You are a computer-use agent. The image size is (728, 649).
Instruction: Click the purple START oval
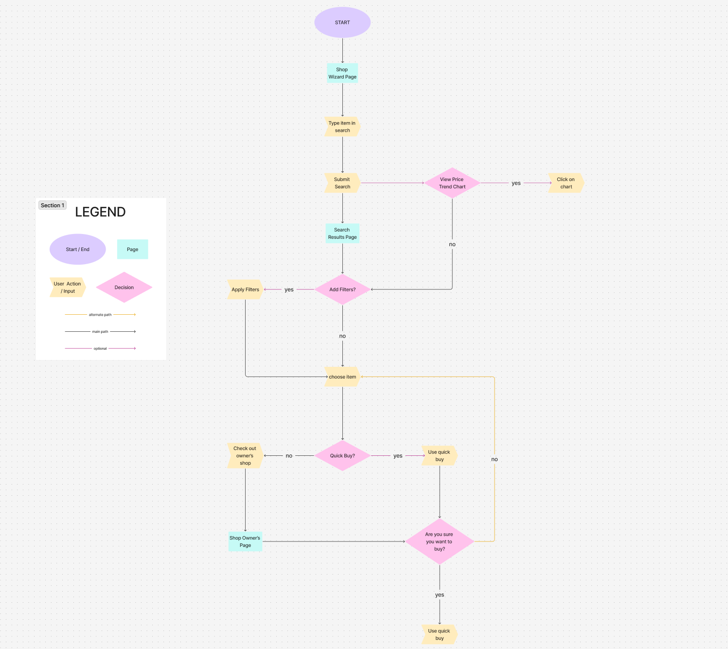click(342, 22)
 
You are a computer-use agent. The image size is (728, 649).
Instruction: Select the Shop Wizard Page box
click(342, 73)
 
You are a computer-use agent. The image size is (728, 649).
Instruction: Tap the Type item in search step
click(342, 126)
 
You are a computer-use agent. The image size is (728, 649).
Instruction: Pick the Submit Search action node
click(342, 183)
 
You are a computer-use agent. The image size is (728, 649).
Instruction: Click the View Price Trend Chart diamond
click(452, 183)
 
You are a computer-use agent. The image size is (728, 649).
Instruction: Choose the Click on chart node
click(566, 183)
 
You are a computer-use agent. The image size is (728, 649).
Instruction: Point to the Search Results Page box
click(342, 234)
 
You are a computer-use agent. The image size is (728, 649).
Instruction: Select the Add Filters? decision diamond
click(342, 289)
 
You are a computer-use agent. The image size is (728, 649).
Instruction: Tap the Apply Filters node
click(245, 289)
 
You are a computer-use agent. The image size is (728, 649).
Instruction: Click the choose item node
click(342, 377)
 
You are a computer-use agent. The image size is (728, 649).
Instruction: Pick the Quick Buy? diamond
click(342, 456)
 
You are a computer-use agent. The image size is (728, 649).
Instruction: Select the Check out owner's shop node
click(245, 456)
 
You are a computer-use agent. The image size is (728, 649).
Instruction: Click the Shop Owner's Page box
click(245, 541)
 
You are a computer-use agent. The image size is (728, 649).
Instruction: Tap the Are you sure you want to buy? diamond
click(440, 541)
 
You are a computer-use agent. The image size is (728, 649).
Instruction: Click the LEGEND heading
click(100, 212)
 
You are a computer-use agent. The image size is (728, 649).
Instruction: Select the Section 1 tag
click(53, 205)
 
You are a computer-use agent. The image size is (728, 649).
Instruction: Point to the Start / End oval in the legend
click(78, 250)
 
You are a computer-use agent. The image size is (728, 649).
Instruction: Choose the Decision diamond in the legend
click(124, 288)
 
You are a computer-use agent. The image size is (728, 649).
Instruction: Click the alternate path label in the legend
click(100, 315)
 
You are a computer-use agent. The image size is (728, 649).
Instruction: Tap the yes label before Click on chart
click(516, 183)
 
